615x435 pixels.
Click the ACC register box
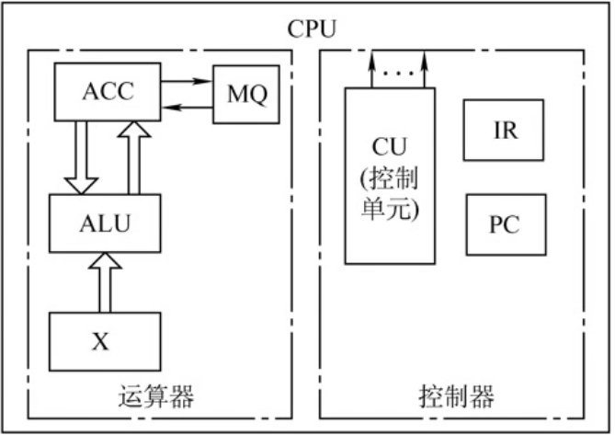[107, 91]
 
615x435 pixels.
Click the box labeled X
[104, 341]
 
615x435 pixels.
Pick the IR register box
[505, 130]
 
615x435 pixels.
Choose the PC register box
[505, 224]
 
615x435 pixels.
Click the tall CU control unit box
[390, 175]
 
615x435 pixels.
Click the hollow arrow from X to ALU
[108, 281]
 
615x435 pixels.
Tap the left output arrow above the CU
[370, 69]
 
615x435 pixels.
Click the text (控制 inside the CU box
[390, 177]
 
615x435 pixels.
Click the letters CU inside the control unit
[390, 147]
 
